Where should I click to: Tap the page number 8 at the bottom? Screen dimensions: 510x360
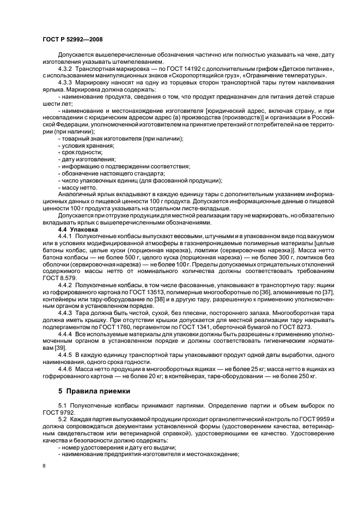click(x=44, y=465)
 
